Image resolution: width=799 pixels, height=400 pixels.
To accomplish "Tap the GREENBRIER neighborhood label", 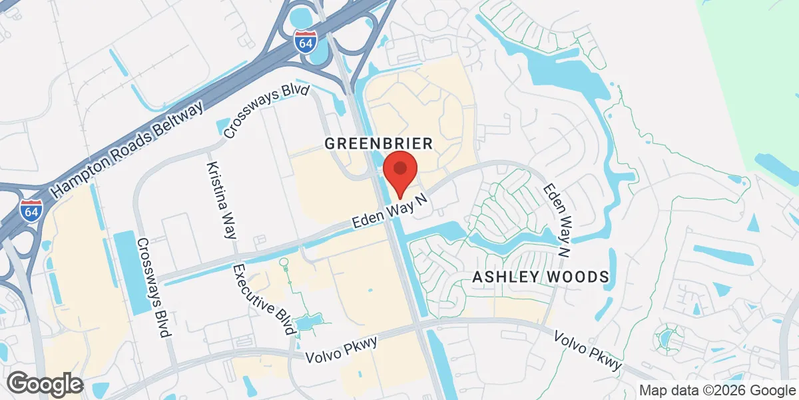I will [379, 143].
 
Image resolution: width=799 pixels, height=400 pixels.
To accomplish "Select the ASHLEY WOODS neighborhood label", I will [540, 277].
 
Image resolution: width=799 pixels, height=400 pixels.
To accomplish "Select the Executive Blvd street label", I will [264, 299].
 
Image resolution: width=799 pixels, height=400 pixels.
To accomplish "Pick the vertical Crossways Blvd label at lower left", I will [152, 287].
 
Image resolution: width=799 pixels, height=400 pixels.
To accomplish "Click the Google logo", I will [45, 384].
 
